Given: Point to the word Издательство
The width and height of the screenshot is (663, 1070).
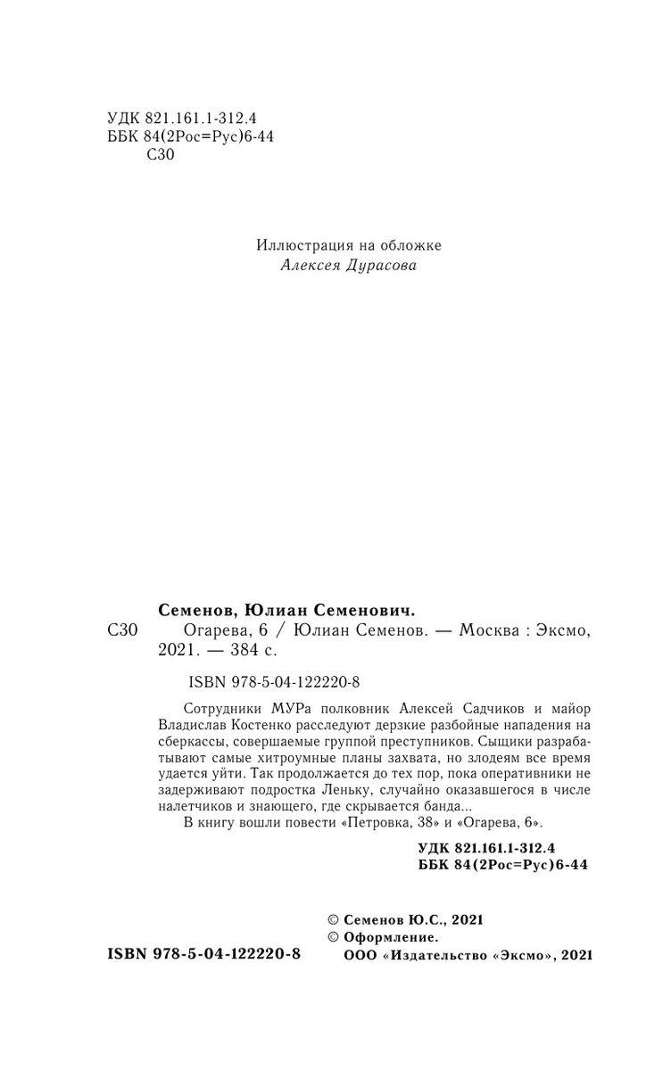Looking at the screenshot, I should click(436, 955).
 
